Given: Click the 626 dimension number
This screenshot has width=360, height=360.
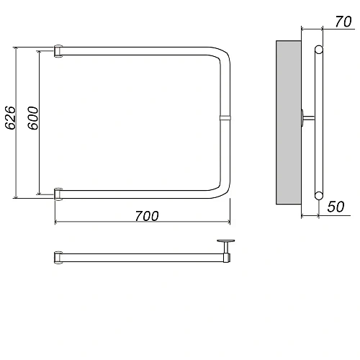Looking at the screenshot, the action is pyautogui.click(x=11, y=117).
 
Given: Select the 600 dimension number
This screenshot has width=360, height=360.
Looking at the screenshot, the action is pyautogui.click(x=33, y=118).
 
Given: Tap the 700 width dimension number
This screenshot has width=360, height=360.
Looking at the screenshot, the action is pyautogui.click(x=147, y=216).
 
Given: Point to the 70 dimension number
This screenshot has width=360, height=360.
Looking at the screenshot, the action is pyautogui.click(x=343, y=22).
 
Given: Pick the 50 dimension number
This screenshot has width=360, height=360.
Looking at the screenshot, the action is pyautogui.click(x=336, y=207).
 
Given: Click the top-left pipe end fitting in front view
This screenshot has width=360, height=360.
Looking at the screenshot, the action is pyautogui.click(x=58, y=51).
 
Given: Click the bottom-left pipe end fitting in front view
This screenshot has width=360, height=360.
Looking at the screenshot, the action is pyautogui.click(x=58, y=194).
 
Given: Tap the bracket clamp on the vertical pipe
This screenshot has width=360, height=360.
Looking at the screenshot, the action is pyautogui.click(x=225, y=117).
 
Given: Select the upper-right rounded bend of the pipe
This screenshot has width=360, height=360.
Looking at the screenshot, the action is pyautogui.click(x=222, y=54).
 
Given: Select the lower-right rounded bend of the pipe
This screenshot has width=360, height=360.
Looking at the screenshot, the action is pyautogui.click(x=222, y=191).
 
